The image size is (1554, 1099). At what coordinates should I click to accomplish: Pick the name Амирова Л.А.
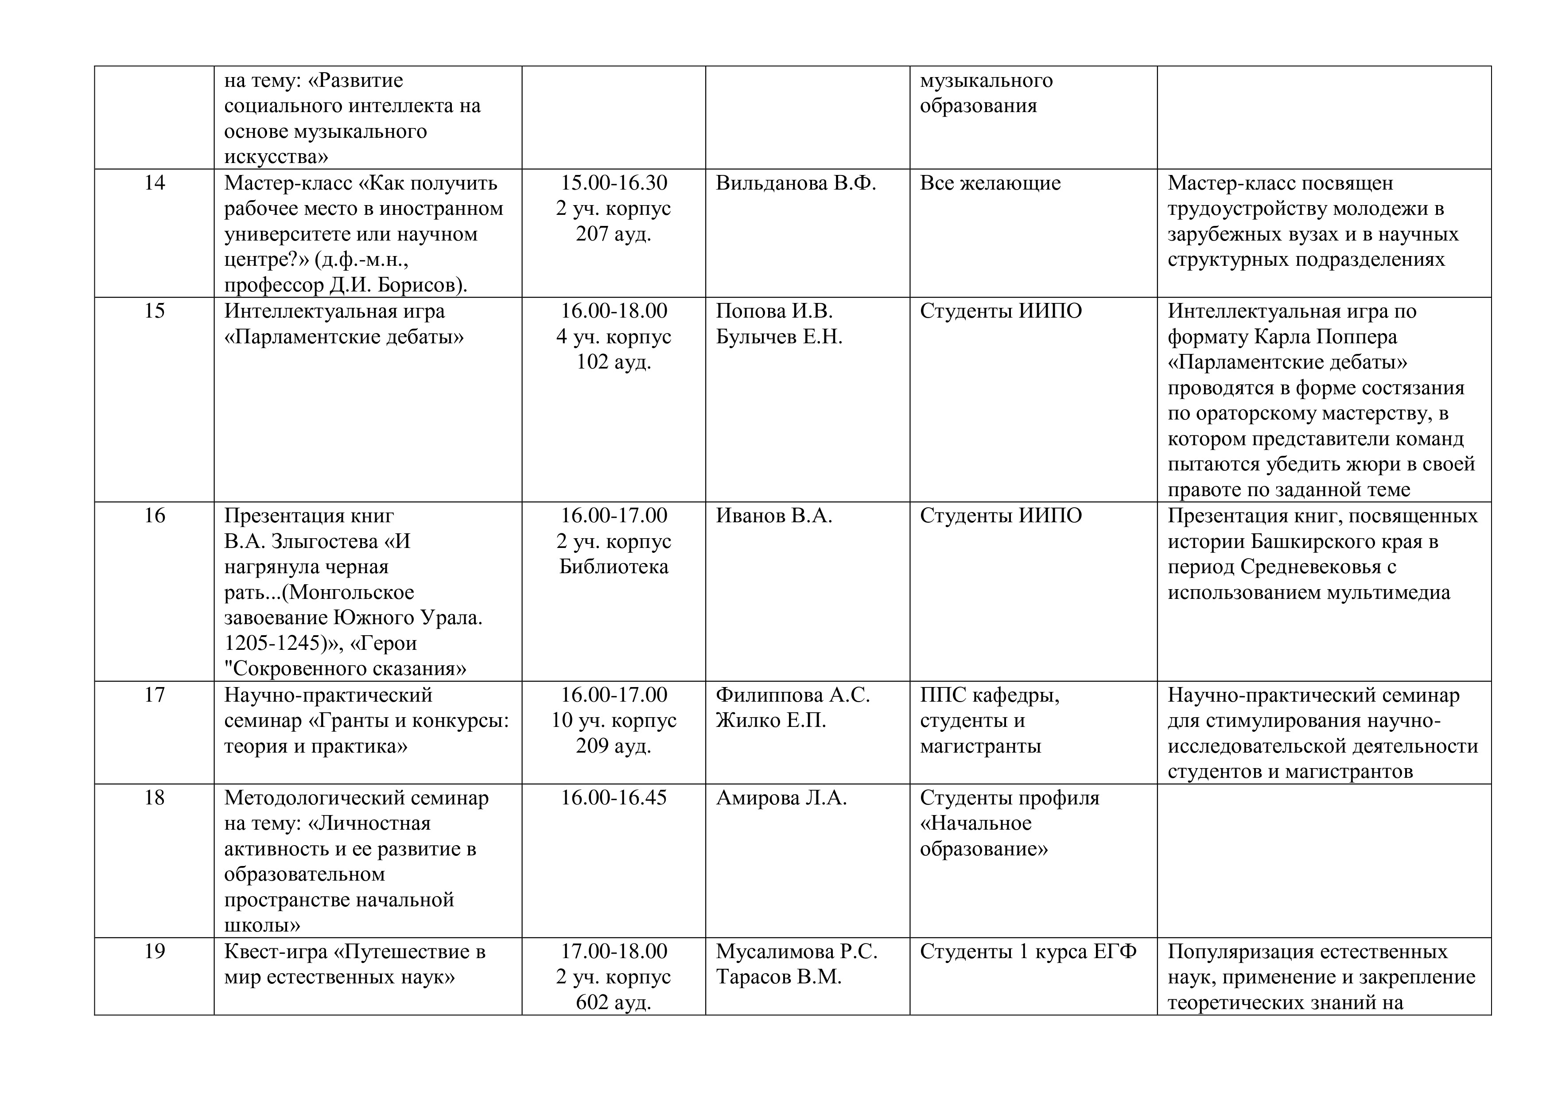(x=781, y=798)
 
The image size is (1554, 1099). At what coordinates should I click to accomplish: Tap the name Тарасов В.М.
(x=778, y=977)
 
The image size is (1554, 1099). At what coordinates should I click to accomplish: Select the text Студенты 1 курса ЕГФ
(x=1028, y=951)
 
